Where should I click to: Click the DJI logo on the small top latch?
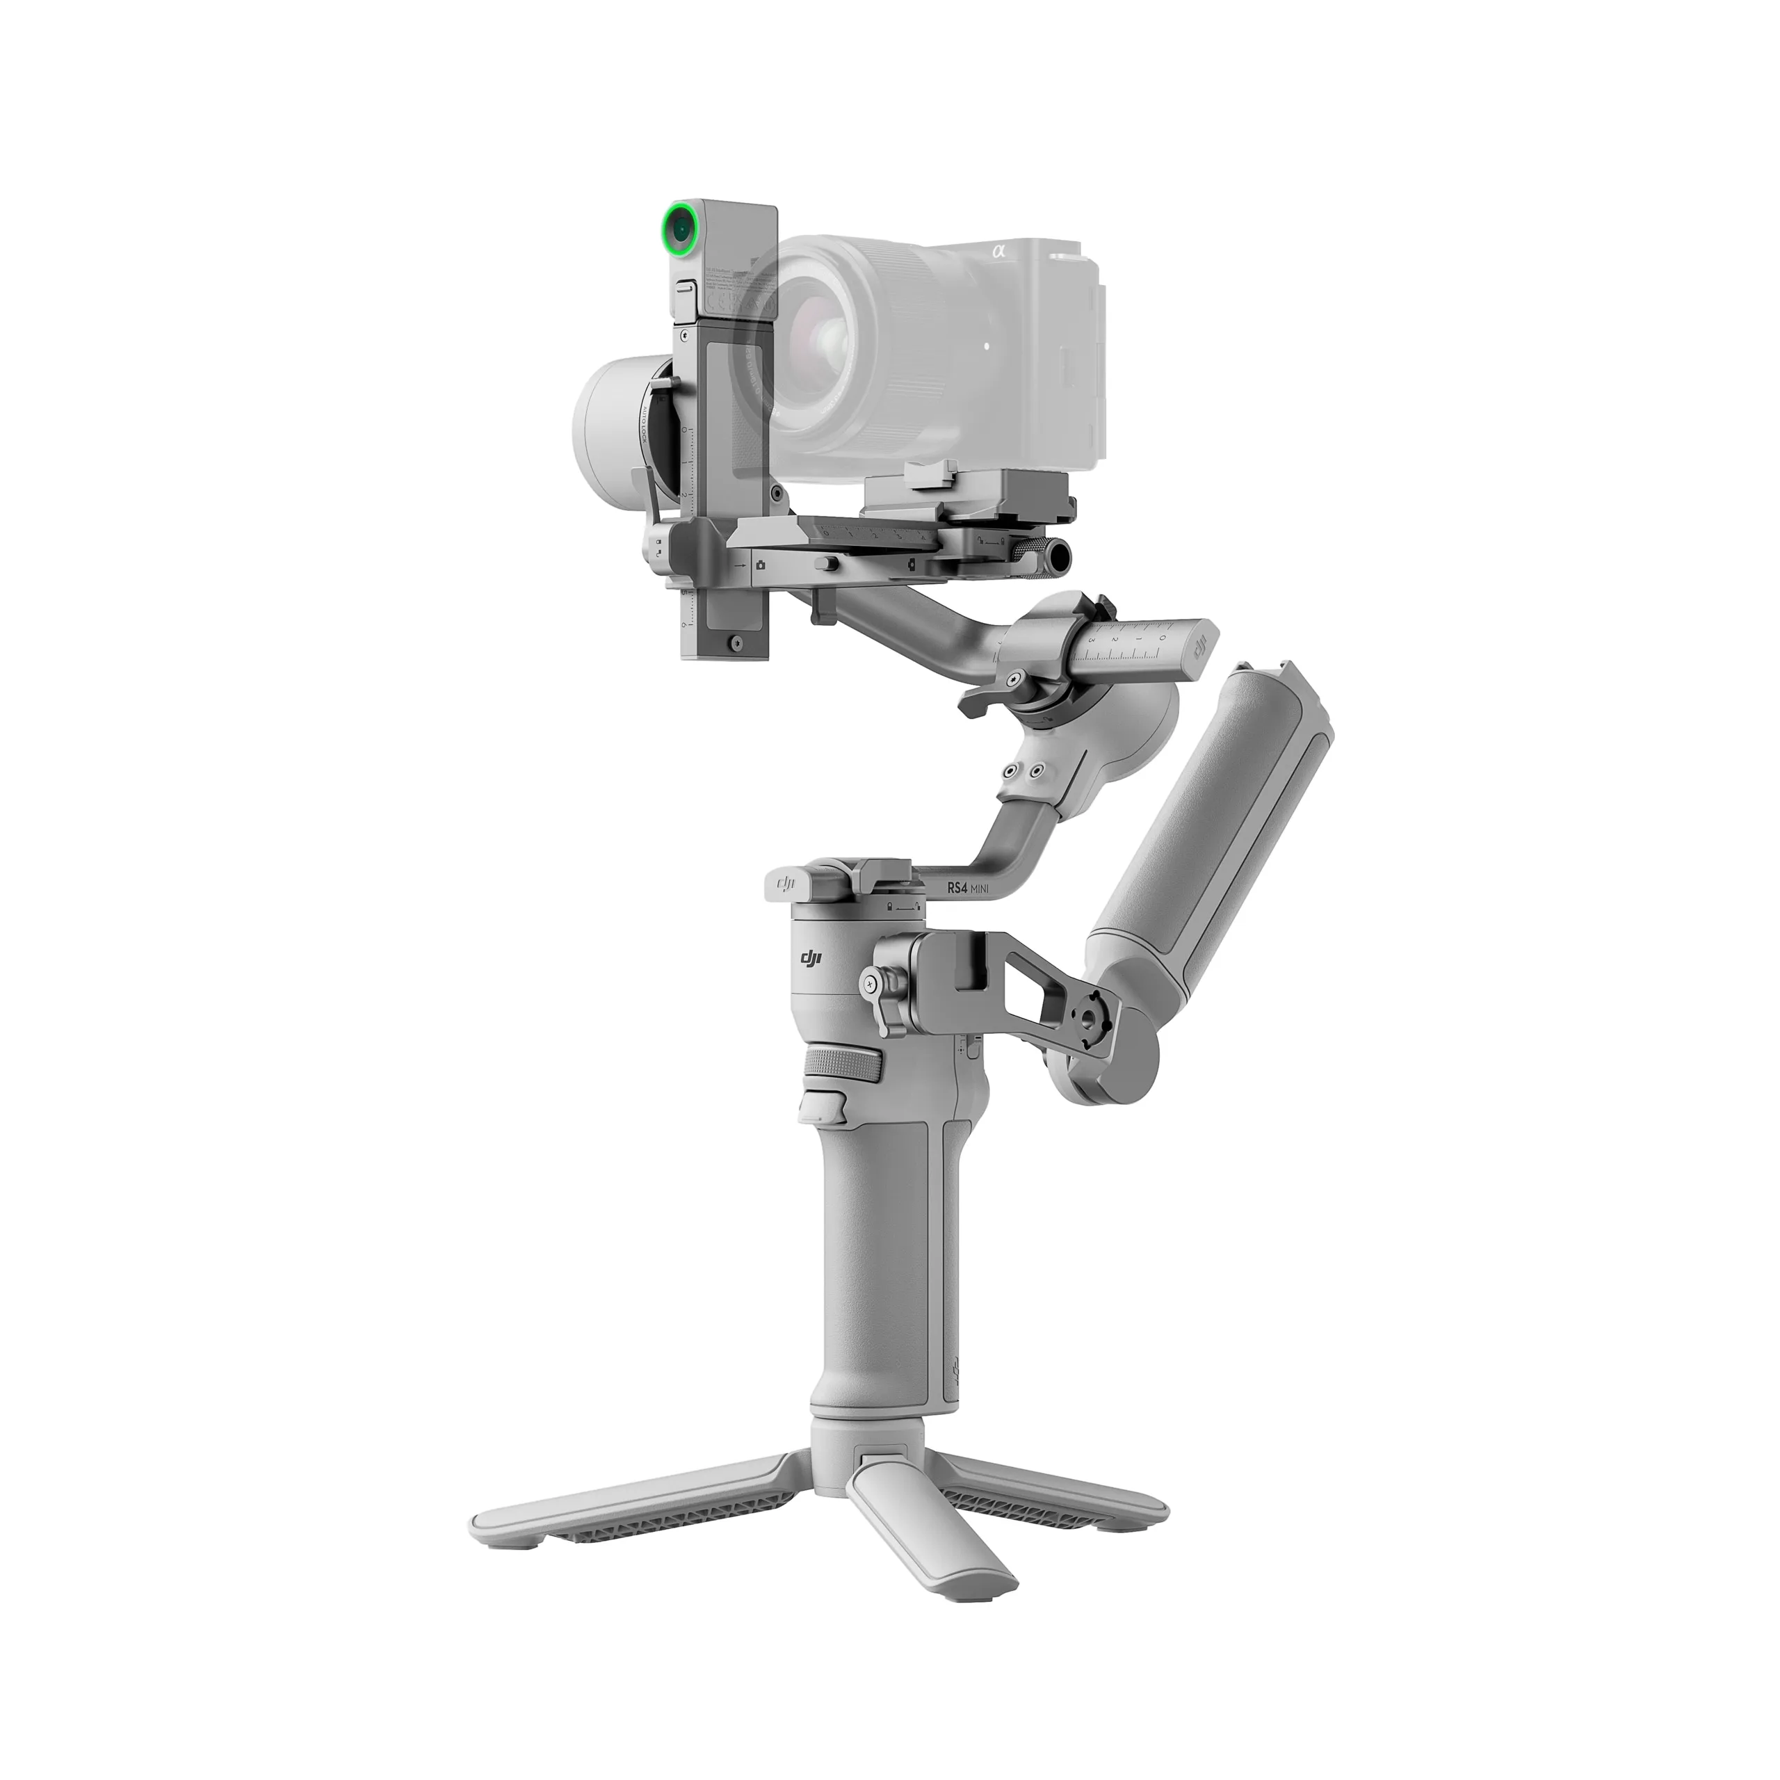(x=786, y=884)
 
